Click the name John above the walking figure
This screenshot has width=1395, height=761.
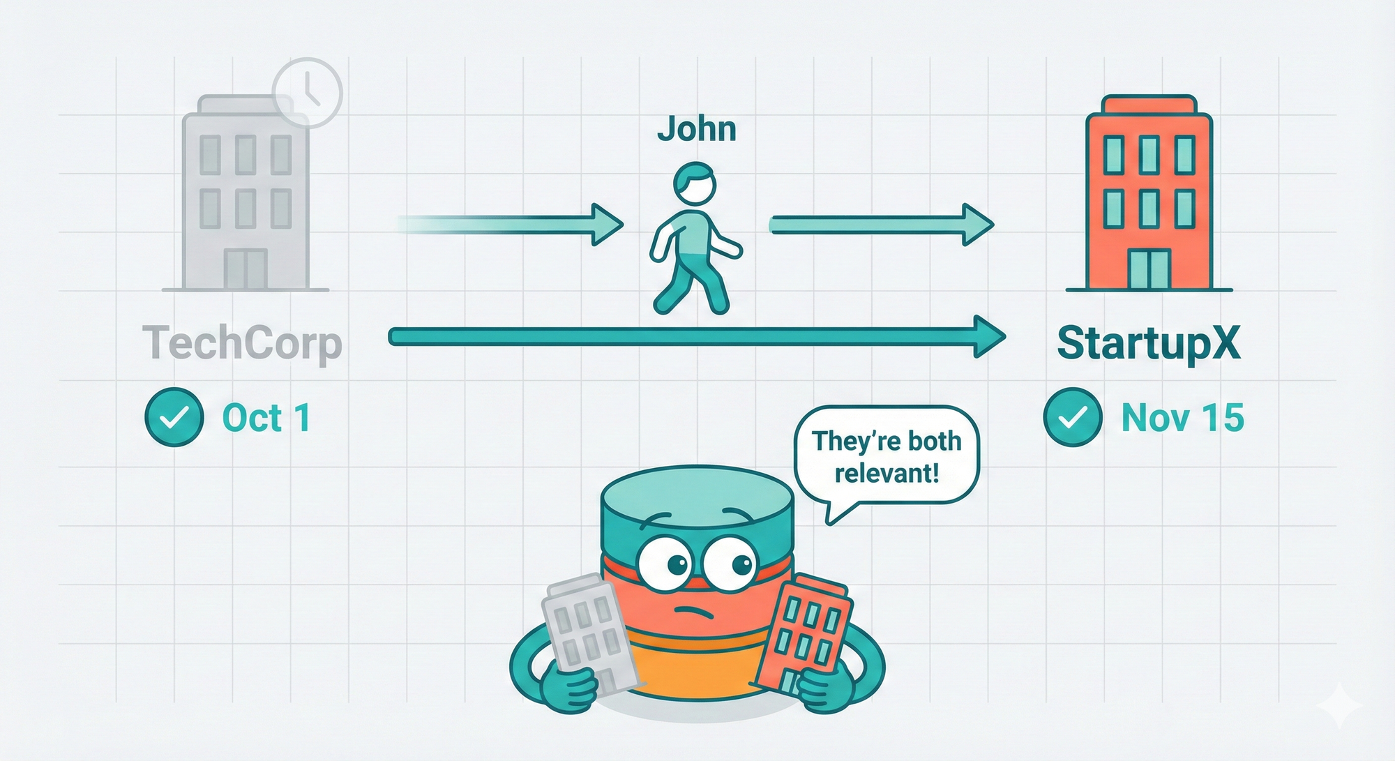(696, 130)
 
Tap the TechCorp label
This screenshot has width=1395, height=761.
(242, 343)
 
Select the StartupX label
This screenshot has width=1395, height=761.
(1148, 343)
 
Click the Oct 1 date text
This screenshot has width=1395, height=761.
(266, 418)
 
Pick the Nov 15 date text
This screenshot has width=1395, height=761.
(1182, 418)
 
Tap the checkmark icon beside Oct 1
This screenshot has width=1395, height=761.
(174, 417)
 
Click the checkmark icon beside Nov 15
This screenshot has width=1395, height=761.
(1072, 417)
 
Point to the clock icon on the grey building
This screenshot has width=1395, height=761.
(307, 93)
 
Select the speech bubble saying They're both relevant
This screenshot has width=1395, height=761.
(887, 456)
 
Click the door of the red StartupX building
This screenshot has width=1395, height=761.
(1149, 269)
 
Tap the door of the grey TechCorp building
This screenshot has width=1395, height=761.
(246, 269)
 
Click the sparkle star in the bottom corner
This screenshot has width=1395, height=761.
(1340, 707)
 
